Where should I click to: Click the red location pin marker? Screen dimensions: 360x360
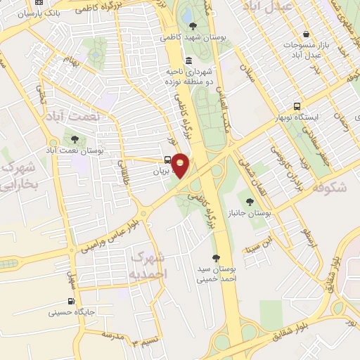181,165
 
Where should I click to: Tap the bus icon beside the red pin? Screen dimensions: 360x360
167,160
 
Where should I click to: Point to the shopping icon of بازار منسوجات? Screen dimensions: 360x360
305,34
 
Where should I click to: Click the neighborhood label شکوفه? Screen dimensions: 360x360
328,188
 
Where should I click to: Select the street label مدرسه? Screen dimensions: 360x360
112,335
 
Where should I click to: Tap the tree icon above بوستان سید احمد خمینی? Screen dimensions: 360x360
215,258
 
